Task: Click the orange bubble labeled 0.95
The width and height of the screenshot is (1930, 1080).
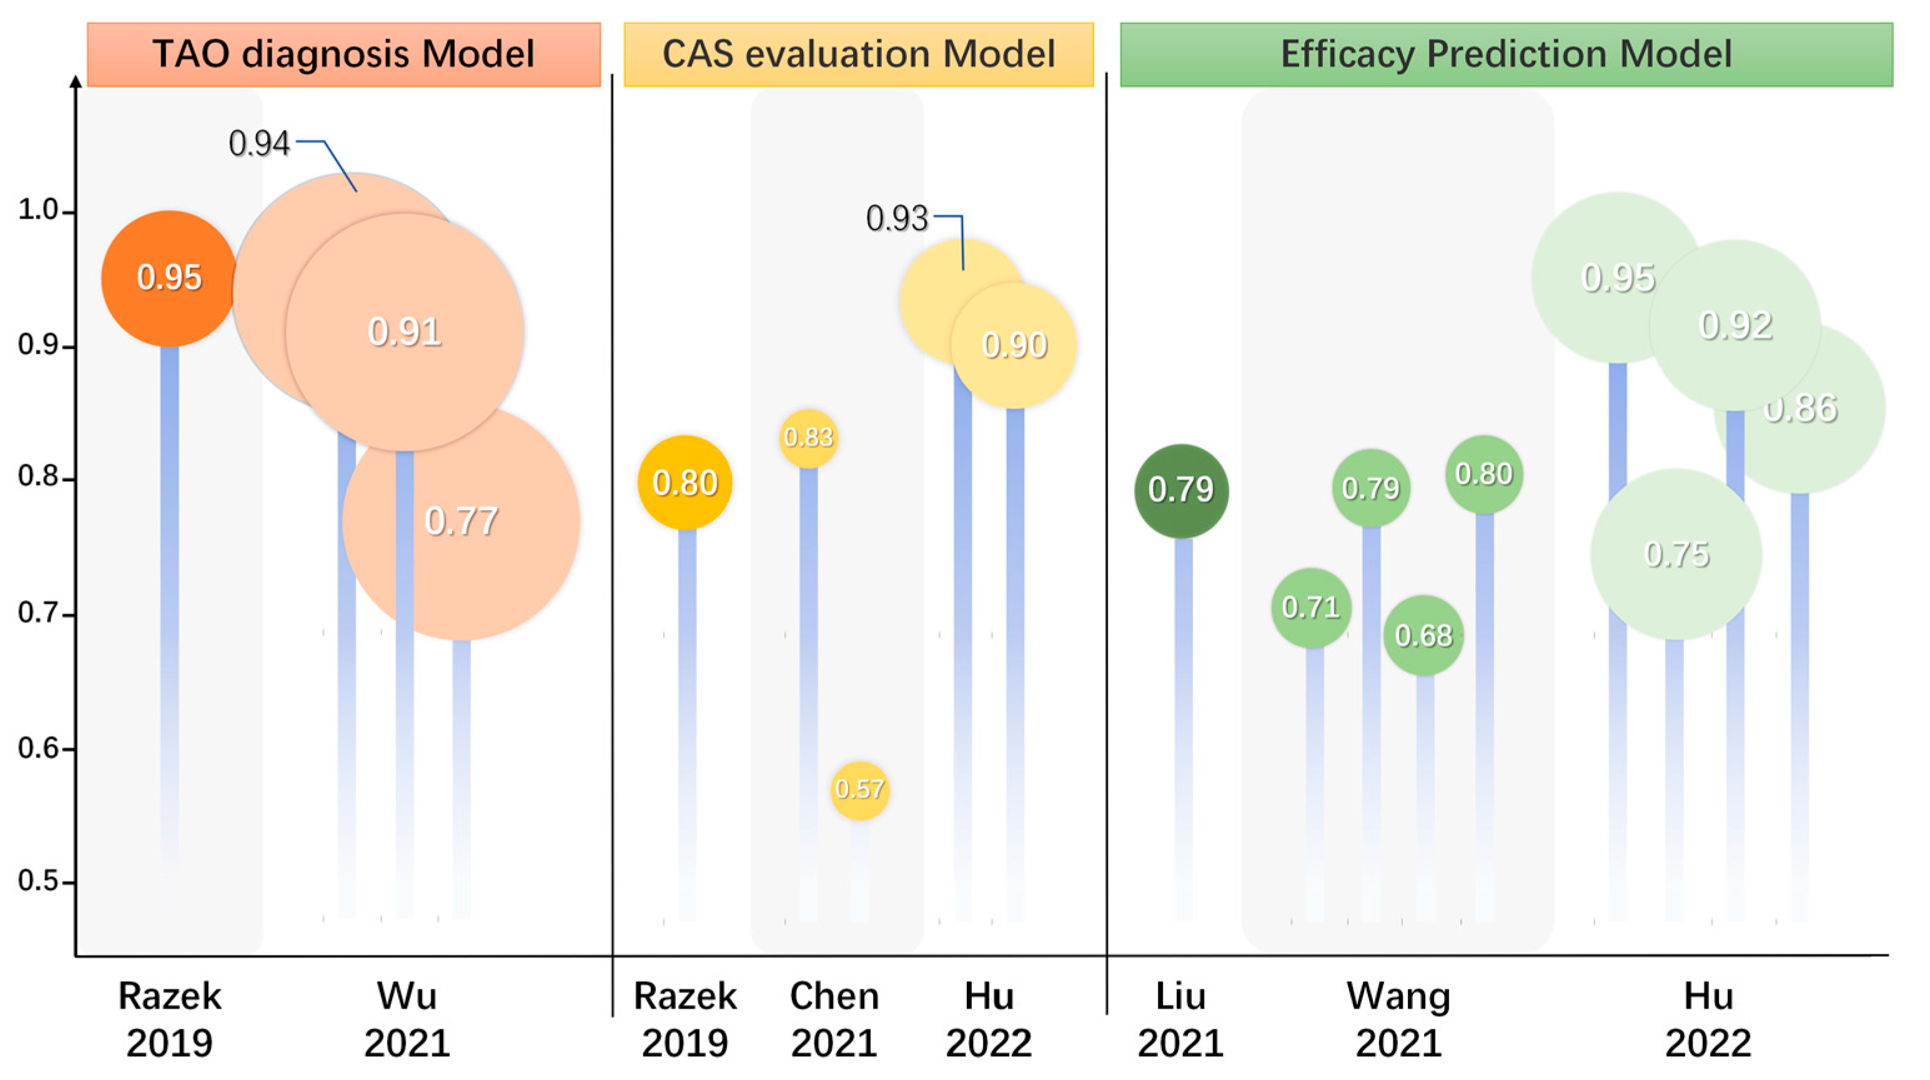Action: (169, 278)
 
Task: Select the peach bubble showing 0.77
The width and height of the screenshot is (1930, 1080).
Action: (462, 522)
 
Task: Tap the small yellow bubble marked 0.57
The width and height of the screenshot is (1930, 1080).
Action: (859, 789)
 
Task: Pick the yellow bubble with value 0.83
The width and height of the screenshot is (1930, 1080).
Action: (808, 437)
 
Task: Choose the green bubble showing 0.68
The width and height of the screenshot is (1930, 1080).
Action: (1423, 636)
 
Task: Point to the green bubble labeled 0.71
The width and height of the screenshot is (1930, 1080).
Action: (1310, 607)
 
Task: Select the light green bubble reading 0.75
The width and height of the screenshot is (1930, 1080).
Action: (1676, 554)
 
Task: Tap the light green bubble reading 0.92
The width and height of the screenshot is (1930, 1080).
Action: (1735, 325)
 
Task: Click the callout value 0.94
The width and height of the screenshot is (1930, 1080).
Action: (259, 143)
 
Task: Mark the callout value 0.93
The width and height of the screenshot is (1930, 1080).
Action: (897, 219)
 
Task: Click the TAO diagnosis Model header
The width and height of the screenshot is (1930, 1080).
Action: (344, 54)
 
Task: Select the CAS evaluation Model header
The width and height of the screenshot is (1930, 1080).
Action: (859, 54)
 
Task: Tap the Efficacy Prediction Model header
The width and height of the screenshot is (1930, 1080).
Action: (1506, 54)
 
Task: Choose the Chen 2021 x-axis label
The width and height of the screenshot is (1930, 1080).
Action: (834, 1019)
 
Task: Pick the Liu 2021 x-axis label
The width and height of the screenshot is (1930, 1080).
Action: (1180, 1019)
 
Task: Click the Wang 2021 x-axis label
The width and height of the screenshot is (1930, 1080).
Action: (1398, 1019)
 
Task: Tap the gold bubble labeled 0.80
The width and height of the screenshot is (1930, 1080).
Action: (685, 482)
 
